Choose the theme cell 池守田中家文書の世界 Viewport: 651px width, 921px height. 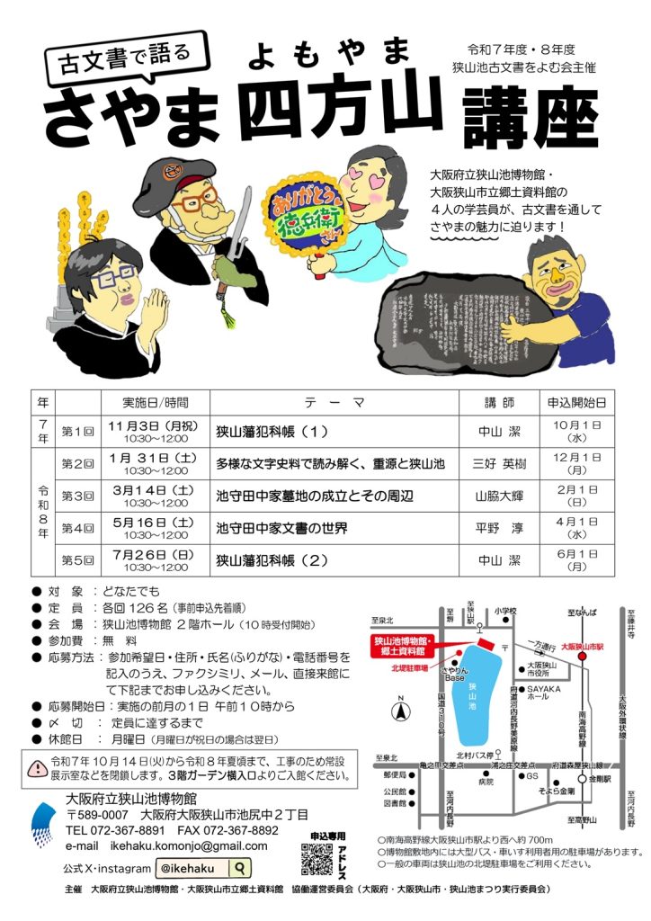(281, 527)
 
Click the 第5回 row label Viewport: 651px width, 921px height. (78, 559)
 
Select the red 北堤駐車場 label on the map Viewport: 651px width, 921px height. (409, 667)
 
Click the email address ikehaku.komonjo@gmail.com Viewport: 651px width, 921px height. (191, 846)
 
